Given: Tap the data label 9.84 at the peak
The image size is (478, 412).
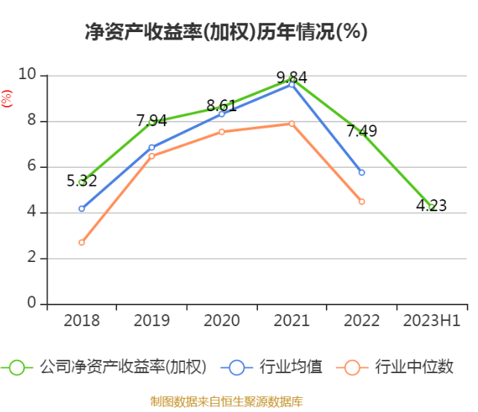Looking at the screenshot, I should click(292, 77).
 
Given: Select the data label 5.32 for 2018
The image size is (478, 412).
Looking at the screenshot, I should click(82, 181).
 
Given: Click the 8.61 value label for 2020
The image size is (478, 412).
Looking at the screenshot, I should click(221, 105).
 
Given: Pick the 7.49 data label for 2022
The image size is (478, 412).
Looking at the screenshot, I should click(362, 131).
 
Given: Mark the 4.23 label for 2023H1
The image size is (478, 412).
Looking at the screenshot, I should click(432, 206).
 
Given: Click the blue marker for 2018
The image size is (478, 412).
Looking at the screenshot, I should click(82, 208).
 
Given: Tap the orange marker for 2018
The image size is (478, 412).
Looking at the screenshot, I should click(82, 243).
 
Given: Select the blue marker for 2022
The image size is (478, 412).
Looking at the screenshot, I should click(362, 172).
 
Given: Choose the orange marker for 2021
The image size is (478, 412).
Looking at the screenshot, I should click(292, 124).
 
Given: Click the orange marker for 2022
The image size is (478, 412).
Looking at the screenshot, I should click(362, 202).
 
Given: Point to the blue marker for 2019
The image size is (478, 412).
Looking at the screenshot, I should click(152, 148).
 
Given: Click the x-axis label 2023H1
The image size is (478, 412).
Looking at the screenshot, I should click(432, 320).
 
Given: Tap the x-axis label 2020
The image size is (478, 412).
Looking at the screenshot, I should click(221, 320).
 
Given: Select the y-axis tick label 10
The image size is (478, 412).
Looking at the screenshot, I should click(28, 75).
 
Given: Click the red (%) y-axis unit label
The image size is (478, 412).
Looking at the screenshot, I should click(7, 99).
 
